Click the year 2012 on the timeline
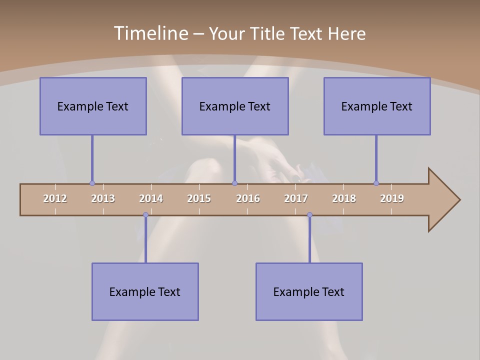point(55,198)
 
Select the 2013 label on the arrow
point(103,198)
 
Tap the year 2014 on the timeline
point(151,198)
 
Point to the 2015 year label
point(199,198)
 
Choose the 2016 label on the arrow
point(248,198)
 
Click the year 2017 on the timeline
point(296,198)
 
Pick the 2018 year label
point(344,198)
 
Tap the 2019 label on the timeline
point(392,198)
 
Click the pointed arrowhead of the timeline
point(445,200)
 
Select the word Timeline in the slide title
point(150,33)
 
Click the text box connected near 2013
point(93,106)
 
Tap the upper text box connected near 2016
point(235,106)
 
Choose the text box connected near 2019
point(377,106)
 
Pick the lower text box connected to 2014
point(145,292)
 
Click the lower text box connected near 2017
point(309,292)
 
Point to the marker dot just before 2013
point(92,183)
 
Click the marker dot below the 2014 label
point(145,215)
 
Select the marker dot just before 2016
point(234,183)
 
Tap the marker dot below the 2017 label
point(309,215)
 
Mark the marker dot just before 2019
point(376,183)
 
